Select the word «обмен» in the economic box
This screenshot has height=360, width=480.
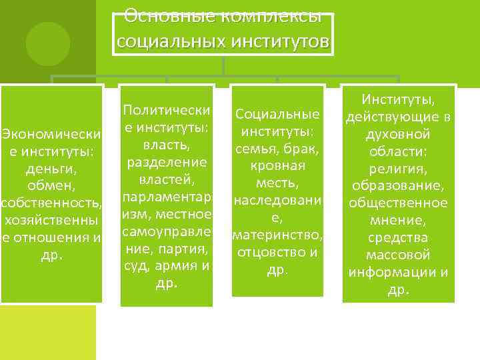[x=50, y=186]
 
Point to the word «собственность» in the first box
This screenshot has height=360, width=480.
[x=50, y=203]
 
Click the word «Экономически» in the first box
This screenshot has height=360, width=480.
[x=51, y=136]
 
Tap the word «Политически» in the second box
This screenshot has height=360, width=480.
[x=166, y=109]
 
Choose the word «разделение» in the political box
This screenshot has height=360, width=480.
[x=166, y=162]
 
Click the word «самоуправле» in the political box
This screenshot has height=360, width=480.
[x=166, y=231]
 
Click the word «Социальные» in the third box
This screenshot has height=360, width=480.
[x=277, y=115]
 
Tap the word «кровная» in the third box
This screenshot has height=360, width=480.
[x=277, y=166]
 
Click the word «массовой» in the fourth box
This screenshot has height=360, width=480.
[x=397, y=255]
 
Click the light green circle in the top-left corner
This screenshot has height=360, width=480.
[x=48, y=44]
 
